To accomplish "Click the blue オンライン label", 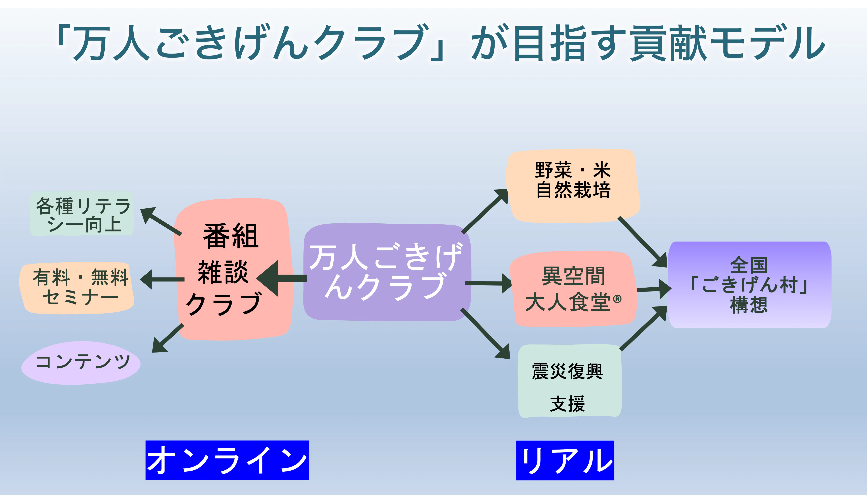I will coord(227,460).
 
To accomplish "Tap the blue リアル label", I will coord(565,460).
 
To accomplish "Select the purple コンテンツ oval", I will coord(81,363).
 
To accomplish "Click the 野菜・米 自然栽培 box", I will coord(573,186).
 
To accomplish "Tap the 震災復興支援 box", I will coord(569,381).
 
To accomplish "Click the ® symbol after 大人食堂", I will coord(617,299).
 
